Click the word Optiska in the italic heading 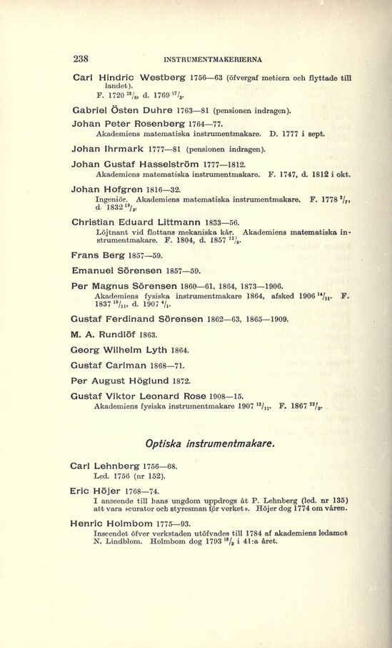(x=170, y=443)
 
